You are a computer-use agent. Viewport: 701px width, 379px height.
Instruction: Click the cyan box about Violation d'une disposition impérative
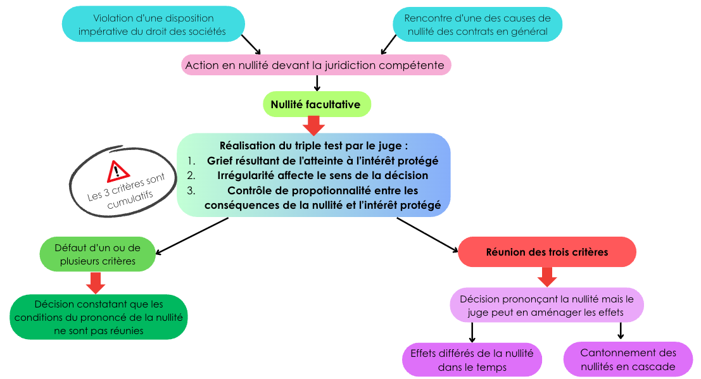pos(153,24)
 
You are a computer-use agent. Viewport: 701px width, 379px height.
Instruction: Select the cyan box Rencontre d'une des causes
pos(477,25)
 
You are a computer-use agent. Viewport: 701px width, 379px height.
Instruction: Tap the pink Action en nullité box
pos(315,65)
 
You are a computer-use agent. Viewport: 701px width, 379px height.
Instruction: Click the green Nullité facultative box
pos(317,104)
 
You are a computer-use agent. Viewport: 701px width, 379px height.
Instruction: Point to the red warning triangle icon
pos(118,171)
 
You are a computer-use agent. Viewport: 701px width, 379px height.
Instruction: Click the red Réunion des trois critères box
pos(546,252)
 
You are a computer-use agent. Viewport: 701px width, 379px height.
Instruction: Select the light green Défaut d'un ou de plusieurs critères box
pos(98,254)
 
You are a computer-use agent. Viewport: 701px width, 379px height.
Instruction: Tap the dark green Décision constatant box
pos(98,318)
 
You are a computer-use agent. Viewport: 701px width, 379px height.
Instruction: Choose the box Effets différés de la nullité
pos(472,360)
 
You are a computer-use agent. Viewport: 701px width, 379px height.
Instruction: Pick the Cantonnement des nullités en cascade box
pos(628,360)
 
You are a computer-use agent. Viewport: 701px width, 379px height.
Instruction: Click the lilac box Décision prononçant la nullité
pos(546,305)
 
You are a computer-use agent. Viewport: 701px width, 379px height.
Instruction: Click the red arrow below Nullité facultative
pos(314,125)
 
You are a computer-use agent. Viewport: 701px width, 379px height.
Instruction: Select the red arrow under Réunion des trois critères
pos(546,277)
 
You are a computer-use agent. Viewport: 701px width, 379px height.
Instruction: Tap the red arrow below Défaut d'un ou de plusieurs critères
pos(95,283)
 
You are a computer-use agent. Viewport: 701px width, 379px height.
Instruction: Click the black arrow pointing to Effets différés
pos(472,333)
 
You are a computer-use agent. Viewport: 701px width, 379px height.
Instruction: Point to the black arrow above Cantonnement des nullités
pos(621,331)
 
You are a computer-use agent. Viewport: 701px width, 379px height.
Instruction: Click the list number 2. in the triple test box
pos(191,175)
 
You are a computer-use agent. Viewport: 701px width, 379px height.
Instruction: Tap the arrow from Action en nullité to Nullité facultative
pos(317,83)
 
